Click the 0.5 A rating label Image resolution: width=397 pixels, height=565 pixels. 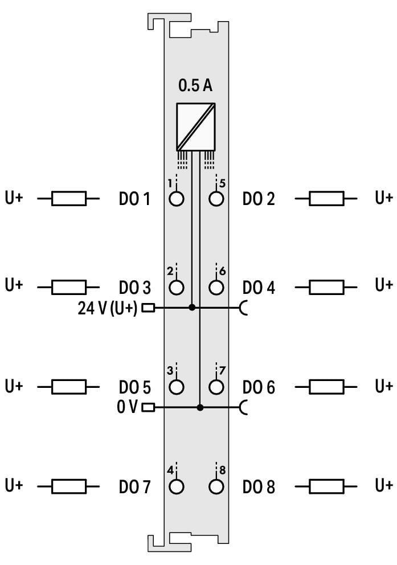pos(195,85)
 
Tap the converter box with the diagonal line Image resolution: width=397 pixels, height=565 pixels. pos(195,127)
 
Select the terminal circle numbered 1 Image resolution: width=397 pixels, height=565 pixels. pos(176,199)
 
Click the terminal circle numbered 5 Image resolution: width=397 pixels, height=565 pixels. pos(216,199)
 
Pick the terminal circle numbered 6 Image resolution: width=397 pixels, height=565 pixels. pos(216,287)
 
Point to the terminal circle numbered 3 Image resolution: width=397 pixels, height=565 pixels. pos(176,387)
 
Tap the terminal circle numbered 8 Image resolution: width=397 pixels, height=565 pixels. pos(216,486)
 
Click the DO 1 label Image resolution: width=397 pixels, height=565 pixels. pos(134,199)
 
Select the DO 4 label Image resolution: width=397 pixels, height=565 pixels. pos(259,288)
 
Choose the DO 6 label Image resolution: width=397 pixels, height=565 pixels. pos(259,387)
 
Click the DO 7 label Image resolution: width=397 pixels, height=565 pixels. pos(134,487)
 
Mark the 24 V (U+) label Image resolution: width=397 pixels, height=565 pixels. pos(107,308)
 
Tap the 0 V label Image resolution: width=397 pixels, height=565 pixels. pos(127,407)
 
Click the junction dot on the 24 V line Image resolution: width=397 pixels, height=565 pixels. pos(192,308)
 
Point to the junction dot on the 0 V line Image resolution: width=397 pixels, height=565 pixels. pos(200,408)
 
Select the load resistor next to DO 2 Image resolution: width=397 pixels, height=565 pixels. pos(326,199)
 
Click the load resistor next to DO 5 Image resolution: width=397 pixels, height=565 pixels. pos(69,387)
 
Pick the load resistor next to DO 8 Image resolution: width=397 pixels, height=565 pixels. pos(326,486)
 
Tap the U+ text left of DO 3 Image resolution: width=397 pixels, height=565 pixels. pos(14,285)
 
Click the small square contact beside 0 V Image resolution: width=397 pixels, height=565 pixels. pos(149,408)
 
